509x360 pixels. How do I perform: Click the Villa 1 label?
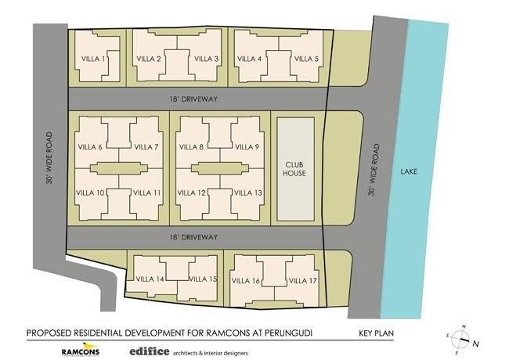pyautogui.click(x=96, y=59)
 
